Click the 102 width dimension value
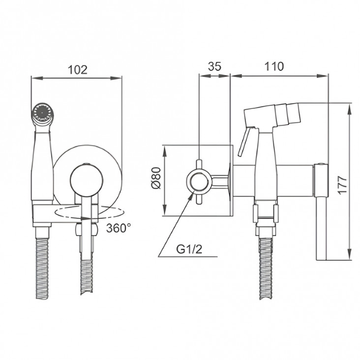pos(78,70)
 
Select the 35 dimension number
pos(214,66)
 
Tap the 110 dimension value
pos(274,66)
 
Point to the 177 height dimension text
pos(342,185)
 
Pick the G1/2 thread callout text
pos(189,249)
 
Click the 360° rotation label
pos(119,228)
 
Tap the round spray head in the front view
pos(42,113)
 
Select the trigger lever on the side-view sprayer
pos(244,142)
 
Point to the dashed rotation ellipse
pos(90,212)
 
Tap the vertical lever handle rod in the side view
pos(321,228)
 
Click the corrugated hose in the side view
pos(266,268)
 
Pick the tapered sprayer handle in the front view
pos(42,166)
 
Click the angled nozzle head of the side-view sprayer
pos(272,116)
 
